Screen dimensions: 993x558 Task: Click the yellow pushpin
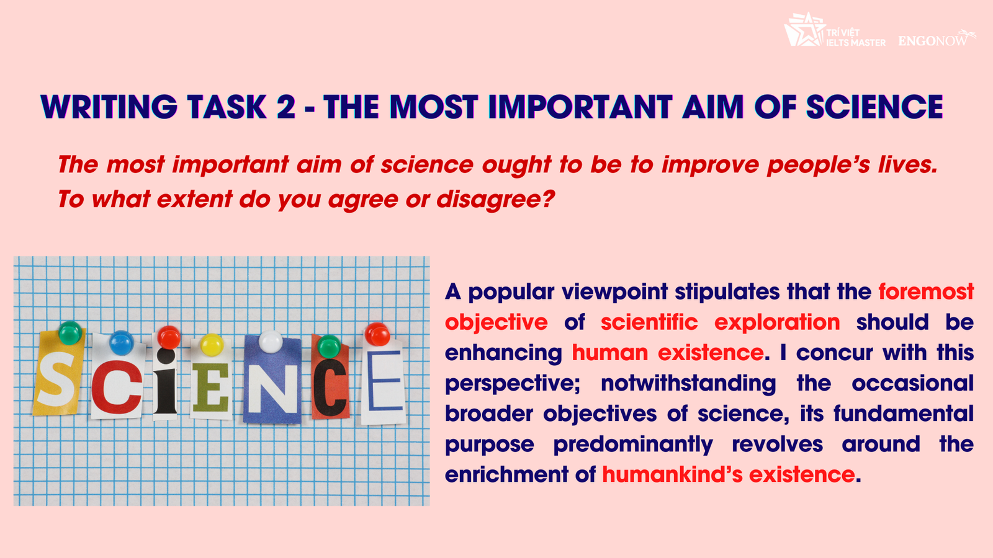coord(212,345)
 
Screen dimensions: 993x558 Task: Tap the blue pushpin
coord(121,343)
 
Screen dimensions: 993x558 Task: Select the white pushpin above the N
coord(271,342)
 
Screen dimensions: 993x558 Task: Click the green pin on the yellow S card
coord(70,333)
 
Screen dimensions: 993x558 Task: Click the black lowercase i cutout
coord(166,381)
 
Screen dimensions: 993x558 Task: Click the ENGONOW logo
coord(937,39)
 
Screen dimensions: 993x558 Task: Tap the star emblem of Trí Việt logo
coord(804,29)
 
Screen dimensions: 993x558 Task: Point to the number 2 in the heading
coord(286,107)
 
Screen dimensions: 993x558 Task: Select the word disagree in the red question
coord(496,199)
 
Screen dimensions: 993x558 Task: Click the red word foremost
coord(926,292)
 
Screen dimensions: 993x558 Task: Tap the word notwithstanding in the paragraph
coord(688,383)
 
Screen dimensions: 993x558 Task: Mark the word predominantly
coord(633,445)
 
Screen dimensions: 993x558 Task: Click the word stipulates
coord(727,292)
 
